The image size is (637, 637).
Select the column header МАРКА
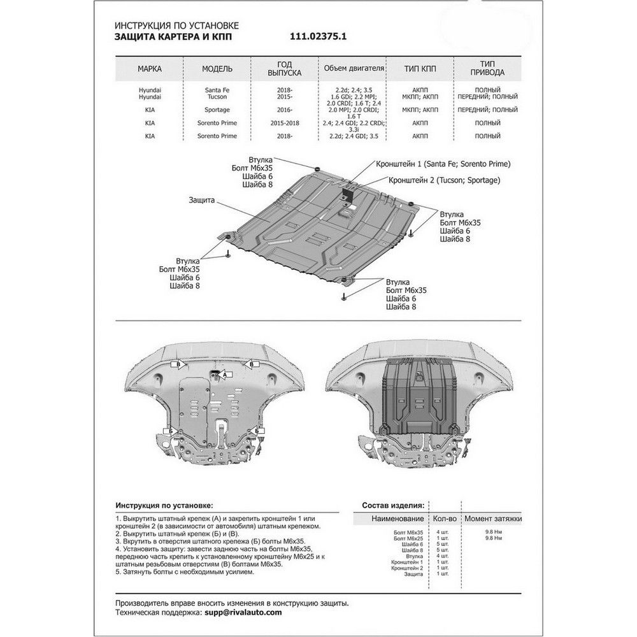coord(149,68)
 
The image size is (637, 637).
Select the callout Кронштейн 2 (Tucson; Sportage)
coord(444,180)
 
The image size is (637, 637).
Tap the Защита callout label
coord(201,199)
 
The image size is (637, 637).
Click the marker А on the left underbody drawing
coord(224,376)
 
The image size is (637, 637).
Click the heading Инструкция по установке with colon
coord(164,504)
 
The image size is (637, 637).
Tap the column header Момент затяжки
coord(492,519)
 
